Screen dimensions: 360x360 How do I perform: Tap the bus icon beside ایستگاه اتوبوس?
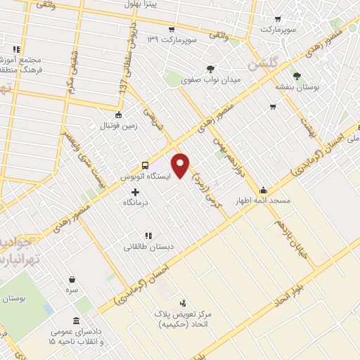[x=145, y=165]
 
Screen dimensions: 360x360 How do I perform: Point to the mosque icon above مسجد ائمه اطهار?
[x=263, y=189]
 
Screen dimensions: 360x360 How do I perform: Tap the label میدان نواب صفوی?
[x=210, y=80]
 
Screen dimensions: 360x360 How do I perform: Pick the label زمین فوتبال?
[x=117, y=125]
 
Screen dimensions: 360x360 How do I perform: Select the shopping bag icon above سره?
[x=72, y=280]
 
